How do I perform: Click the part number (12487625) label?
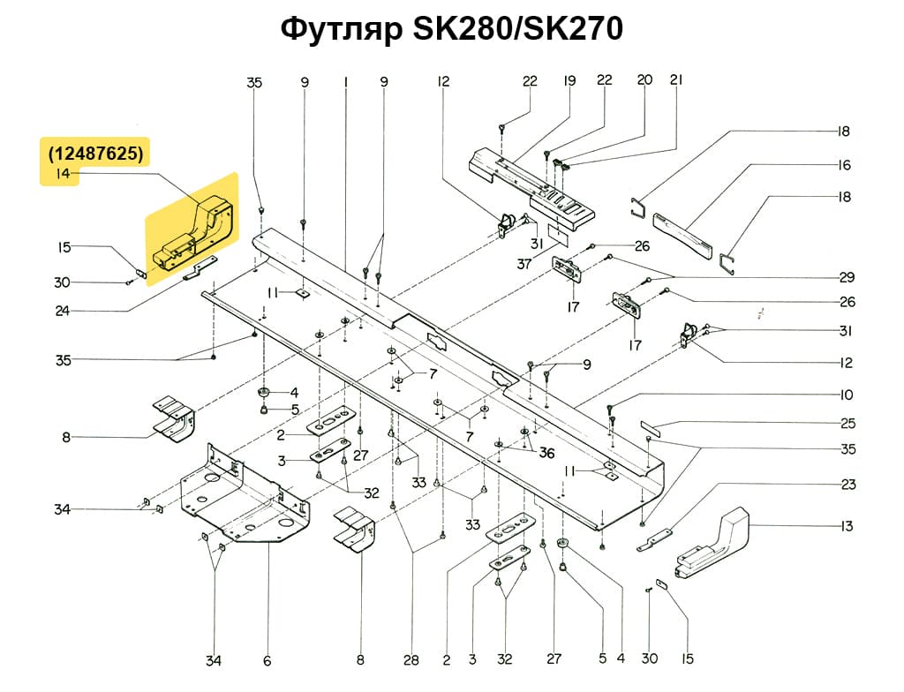pos(96,153)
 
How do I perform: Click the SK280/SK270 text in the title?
pos(516,29)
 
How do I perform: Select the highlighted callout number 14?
pos(62,175)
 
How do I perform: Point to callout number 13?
pos(847,527)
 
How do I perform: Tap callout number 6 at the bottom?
pos(267,659)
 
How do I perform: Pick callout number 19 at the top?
pos(569,80)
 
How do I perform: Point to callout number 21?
pos(677,79)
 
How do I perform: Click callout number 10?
pos(847,394)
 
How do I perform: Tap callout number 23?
pos(847,485)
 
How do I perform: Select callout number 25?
pos(847,423)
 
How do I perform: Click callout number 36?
pos(546,453)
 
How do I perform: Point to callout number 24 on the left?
pos(62,310)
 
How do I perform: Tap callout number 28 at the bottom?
pos(411,659)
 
